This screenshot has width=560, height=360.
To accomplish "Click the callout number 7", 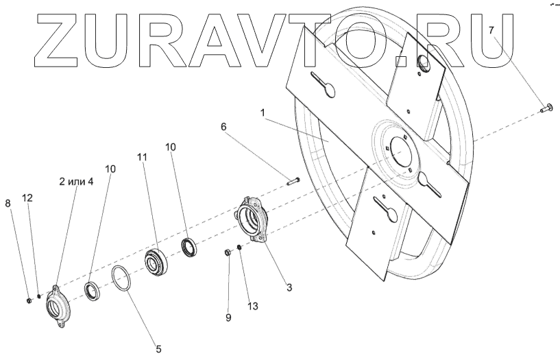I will [491, 30].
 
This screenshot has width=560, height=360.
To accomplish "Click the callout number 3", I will [289, 287].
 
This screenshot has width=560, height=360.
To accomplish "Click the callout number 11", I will [142, 157].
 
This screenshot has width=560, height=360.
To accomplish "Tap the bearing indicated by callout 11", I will [156, 263].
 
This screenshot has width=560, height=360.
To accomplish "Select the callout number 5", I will [158, 349].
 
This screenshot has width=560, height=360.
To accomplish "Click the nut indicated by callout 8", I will [27, 300].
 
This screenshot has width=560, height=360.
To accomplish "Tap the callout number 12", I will [27, 197].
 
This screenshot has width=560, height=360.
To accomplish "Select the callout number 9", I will [228, 317].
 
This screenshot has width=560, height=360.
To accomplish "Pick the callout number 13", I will [253, 305].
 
